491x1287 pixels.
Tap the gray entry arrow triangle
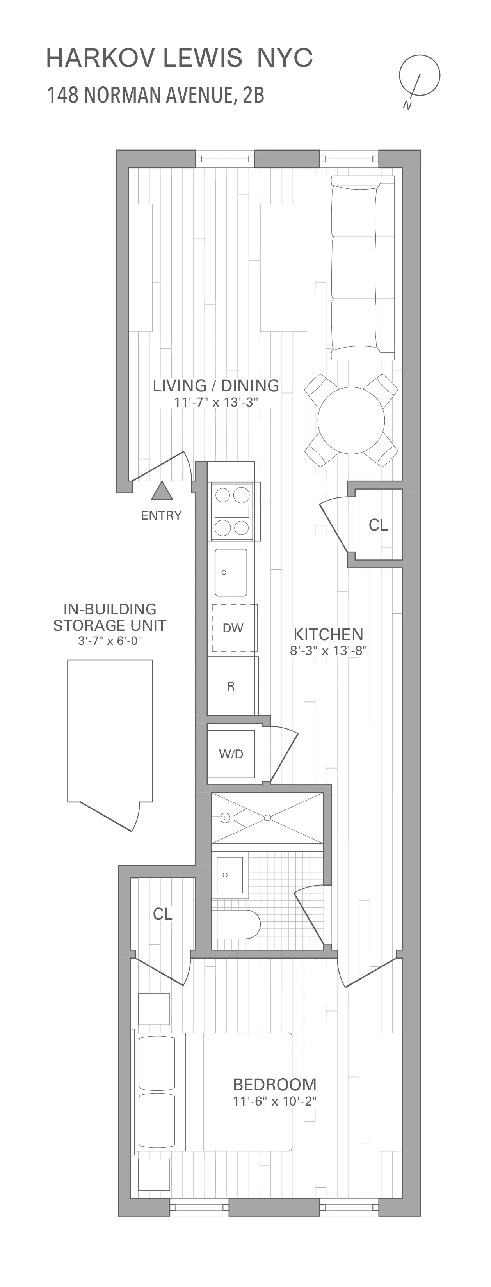click(162, 492)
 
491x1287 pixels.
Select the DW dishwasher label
click(233, 628)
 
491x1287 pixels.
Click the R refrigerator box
click(231, 686)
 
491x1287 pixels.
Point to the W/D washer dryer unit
click(231, 754)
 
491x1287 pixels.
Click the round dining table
click(351, 420)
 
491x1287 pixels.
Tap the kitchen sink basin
click(231, 573)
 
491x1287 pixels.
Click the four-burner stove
click(231, 511)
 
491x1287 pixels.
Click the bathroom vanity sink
click(229, 875)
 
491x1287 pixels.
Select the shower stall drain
click(267, 818)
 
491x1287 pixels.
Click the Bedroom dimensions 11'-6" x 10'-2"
click(274, 1102)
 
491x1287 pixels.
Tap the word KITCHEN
click(328, 634)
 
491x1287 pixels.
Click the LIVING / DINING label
click(215, 386)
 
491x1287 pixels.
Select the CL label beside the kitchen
click(378, 525)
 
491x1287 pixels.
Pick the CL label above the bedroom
click(162, 914)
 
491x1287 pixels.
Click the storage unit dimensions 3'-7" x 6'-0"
click(110, 641)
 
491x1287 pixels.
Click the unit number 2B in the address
click(253, 95)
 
